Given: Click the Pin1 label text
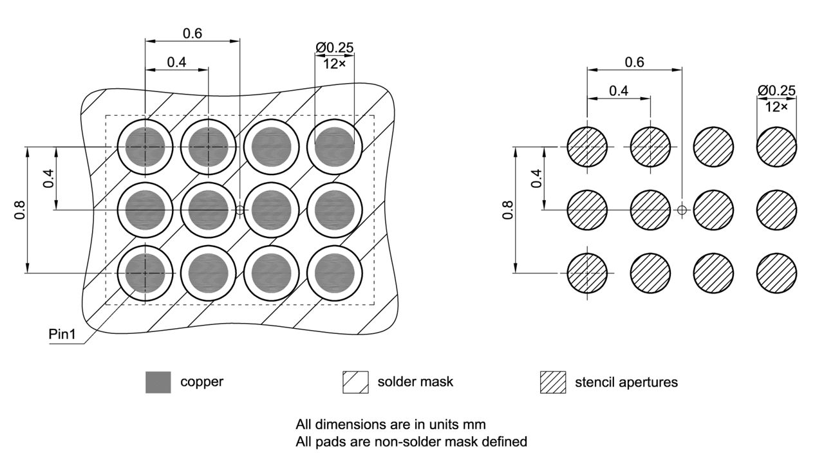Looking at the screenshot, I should pyautogui.click(x=62, y=335).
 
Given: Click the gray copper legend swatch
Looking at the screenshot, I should pyautogui.click(x=158, y=382).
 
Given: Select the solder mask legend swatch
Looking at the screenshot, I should pyautogui.click(x=355, y=382).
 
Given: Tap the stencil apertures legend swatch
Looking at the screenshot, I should pyautogui.click(x=552, y=382).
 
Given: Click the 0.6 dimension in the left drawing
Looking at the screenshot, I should pyautogui.click(x=192, y=34).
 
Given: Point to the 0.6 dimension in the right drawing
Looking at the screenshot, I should pyautogui.click(x=634, y=62).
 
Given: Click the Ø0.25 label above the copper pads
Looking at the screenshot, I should pyautogui.click(x=334, y=48).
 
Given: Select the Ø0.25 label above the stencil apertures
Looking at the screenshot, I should pyautogui.click(x=776, y=90).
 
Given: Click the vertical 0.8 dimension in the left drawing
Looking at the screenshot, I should pyautogui.click(x=19, y=210).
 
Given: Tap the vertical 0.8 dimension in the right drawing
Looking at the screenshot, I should pyautogui.click(x=508, y=210).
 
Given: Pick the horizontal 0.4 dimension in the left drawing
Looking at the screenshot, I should pyautogui.click(x=176, y=62).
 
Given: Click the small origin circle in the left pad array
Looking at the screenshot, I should pyautogui.click(x=240, y=210).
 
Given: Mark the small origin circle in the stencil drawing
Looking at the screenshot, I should pyautogui.click(x=682, y=210).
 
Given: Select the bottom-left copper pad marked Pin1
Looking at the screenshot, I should pyautogui.click(x=145, y=273).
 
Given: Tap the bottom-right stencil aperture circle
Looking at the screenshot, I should pyautogui.click(x=776, y=273).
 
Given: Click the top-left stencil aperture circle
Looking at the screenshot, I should pyautogui.click(x=587, y=147).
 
